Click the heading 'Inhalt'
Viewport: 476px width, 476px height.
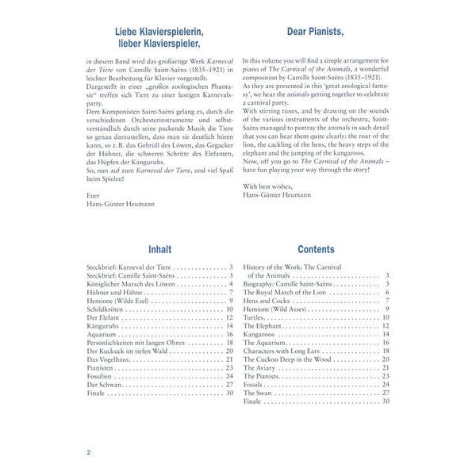[x=159, y=248]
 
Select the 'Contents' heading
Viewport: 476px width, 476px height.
[x=316, y=248]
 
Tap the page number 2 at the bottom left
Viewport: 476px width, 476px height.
[x=89, y=452]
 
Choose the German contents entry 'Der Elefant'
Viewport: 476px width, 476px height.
[x=103, y=317]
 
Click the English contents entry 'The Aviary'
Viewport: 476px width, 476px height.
[x=262, y=367]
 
